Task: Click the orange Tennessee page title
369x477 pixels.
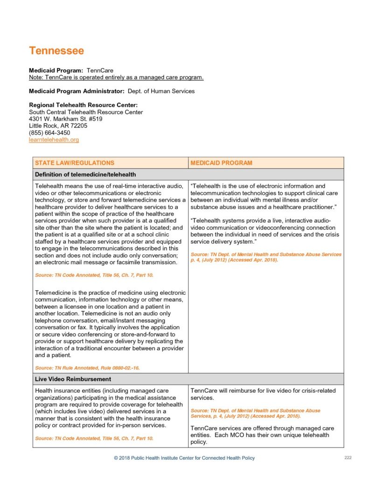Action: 56,50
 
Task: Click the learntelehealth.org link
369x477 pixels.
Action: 54,139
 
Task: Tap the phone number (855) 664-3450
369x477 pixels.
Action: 49,133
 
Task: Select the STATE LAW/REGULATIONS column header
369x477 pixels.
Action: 75,163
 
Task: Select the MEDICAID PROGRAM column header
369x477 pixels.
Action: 221,163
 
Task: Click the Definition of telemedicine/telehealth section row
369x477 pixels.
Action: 85,175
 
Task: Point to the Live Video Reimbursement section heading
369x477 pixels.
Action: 73,379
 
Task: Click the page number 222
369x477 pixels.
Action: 348,458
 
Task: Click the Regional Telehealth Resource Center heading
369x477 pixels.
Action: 83,105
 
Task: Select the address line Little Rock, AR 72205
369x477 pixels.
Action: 58,126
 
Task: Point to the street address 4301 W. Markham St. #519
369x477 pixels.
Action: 66,119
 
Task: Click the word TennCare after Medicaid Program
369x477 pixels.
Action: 100,71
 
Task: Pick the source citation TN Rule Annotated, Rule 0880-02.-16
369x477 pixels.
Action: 87,368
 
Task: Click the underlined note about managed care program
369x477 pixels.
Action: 116,77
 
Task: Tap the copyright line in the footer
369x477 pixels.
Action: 184,458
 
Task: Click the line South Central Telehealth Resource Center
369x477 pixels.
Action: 86,112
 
